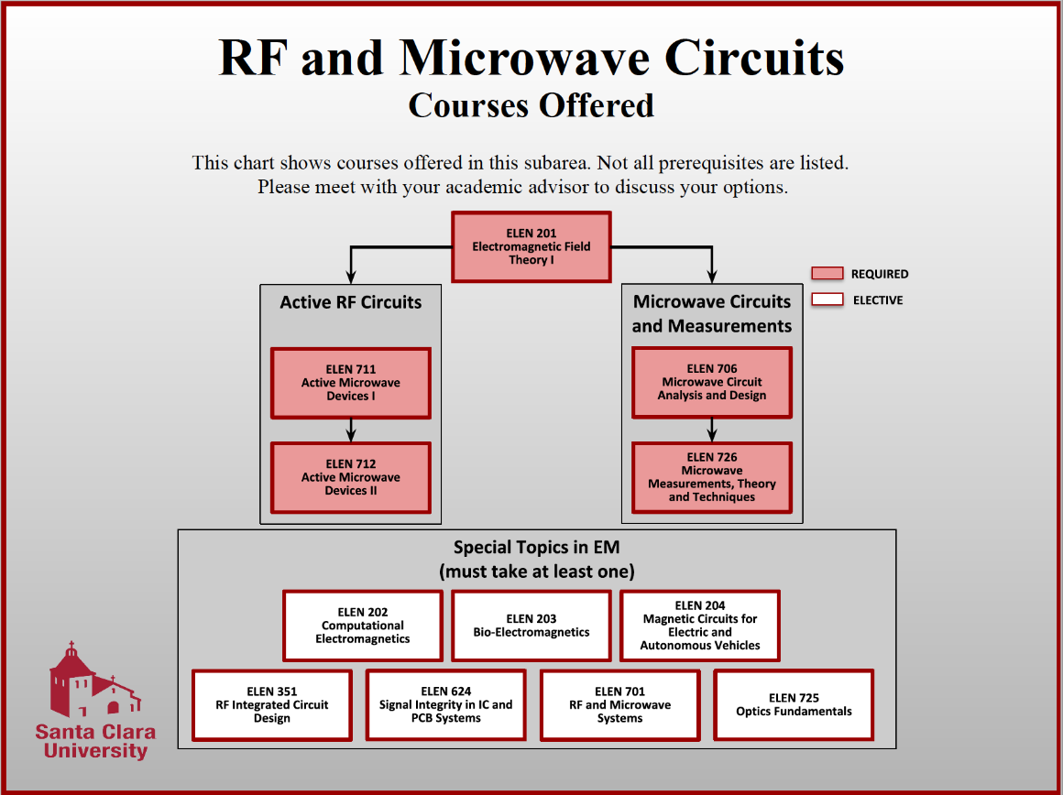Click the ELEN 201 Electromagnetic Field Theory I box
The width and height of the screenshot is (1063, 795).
531,246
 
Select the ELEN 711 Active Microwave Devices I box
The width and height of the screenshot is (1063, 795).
350,383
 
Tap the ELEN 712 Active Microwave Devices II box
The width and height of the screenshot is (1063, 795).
350,477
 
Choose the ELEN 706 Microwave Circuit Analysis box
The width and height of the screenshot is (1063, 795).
711,382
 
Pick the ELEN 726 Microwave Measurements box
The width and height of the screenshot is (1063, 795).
711,477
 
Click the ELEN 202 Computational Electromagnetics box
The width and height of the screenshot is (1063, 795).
363,626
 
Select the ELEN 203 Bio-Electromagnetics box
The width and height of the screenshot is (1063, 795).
531,626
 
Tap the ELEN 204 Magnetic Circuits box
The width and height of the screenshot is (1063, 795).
700,626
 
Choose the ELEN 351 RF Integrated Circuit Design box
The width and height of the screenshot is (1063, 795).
272,705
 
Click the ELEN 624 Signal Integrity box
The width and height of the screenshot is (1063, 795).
446,705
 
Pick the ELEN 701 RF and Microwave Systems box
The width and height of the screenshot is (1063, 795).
620,705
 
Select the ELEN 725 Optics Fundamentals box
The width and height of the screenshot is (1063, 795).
794,705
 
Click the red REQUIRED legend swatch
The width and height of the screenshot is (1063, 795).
827,273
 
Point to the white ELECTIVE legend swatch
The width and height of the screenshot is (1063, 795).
827,299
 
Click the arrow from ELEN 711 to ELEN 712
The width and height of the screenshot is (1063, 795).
350,430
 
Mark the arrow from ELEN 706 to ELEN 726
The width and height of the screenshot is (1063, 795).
711,430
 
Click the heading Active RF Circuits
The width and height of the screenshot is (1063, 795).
351,302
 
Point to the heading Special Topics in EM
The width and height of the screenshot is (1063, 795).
537,548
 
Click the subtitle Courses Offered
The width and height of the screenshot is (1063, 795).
531,105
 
